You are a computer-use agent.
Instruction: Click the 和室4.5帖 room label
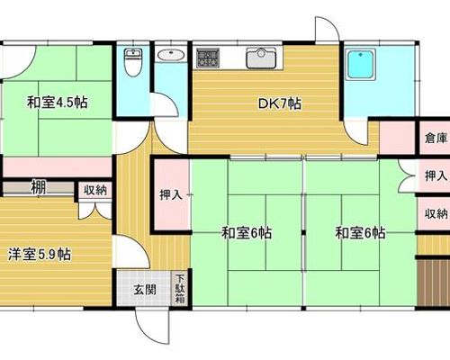point(57,103)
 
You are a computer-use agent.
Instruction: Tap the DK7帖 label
point(280,103)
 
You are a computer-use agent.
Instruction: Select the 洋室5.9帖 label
point(40,255)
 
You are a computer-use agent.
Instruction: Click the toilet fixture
point(133,63)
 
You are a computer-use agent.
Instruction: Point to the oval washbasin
point(171,55)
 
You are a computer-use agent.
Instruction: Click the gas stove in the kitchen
point(208,58)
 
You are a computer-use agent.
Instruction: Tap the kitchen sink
point(261,58)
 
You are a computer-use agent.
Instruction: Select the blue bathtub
point(361,65)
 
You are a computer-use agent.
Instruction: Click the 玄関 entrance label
point(145,290)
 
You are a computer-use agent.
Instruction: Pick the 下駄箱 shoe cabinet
point(180,288)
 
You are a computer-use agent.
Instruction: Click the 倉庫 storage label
point(436,139)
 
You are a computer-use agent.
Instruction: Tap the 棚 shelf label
point(39,188)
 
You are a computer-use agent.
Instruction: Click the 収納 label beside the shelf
point(95,191)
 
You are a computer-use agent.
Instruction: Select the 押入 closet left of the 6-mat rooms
point(171,195)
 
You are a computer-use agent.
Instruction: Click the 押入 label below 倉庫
point(436,175)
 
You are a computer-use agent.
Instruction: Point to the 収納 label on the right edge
point(436,214)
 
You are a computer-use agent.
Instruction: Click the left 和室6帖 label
point(247,233)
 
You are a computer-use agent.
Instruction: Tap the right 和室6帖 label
point(360,233)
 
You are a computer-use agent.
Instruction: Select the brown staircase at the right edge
point(434,283)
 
